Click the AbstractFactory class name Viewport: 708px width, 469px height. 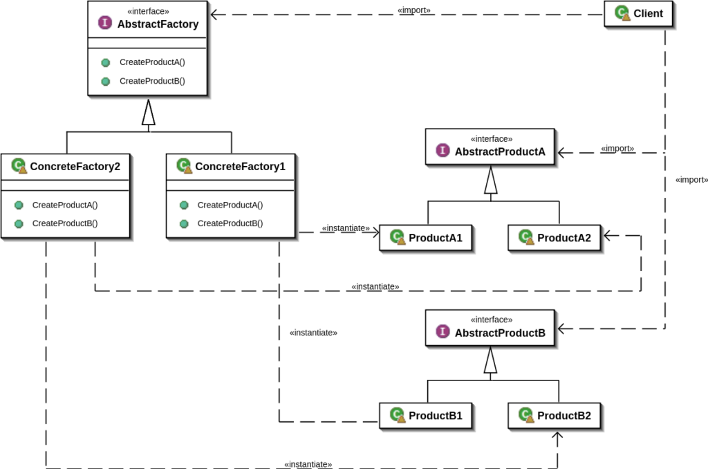click(x=158, y=24)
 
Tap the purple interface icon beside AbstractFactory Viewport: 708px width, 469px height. click(x=105, y=23)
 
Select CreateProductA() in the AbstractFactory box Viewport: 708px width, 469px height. click(x=152, y=62)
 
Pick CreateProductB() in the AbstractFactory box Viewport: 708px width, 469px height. click(x=152, y=81)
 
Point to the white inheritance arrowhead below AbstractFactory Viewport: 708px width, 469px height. click(x=148, y=114)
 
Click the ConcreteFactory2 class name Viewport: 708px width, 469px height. click(x=75, y=167)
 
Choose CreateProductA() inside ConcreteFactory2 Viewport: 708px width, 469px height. click(x=65, y=205)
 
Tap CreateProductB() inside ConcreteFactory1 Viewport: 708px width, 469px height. click(x=230, y=223)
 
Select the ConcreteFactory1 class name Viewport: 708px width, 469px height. click(x=240, y=167)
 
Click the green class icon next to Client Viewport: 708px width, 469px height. click(x=622, y=13)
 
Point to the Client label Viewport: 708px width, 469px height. click(x=648, y=13)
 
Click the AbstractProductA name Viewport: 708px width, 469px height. click(x=500, y=152)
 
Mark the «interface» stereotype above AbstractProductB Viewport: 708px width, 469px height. click(x=492, y=320)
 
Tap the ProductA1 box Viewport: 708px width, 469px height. click(x=427, y=238)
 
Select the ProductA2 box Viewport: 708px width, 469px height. click(x=555, y=238)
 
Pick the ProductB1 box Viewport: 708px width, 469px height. click(x=427, y=416)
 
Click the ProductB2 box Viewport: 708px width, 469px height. click(x=555, y=416)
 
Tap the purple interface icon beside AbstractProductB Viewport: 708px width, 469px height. click(x=442, y=332)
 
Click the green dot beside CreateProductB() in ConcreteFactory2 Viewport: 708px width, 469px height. click(x=19, y=223)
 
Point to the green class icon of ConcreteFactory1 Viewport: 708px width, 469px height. click(x=184, y=166)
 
